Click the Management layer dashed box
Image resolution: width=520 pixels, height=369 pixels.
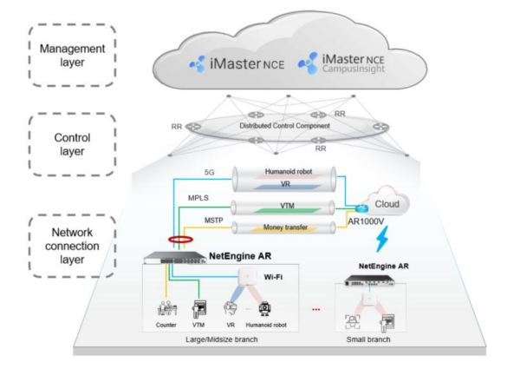[x=29, y=56]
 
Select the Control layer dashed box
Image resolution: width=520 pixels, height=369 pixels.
[x=29, y=144]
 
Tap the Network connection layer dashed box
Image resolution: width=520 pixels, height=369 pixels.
[x=29, y=246]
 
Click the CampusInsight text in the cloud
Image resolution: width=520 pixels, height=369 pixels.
[x=354, y=69]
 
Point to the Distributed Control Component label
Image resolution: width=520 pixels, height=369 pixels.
[x=284, y=126]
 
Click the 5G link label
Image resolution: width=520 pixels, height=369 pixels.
[x=209, y=173]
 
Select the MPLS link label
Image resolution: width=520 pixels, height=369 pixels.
[x=198, y=198]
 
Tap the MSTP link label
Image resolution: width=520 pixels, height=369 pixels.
[x=213, y=221]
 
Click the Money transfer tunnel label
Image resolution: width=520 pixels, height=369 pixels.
[x=285, y=227]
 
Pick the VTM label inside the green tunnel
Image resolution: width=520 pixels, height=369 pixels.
[x=287, y=206]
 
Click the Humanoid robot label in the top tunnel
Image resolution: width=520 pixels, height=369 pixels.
[x=289, y=172]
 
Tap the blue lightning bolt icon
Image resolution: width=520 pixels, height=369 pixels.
[x=381, y=239]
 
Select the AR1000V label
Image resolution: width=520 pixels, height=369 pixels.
[x=366, y=221]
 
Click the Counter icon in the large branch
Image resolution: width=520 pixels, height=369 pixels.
[x=166, y=308]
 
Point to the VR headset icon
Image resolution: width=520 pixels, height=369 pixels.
[x=231, y=308]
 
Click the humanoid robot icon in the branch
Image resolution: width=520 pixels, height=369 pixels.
[x=264, y=308]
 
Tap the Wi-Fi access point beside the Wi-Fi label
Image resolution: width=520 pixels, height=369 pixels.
[x=247, y=276]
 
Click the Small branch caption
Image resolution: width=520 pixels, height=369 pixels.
[x=368, y=339]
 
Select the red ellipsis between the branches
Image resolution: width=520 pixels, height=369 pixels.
[x=316, y=310]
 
